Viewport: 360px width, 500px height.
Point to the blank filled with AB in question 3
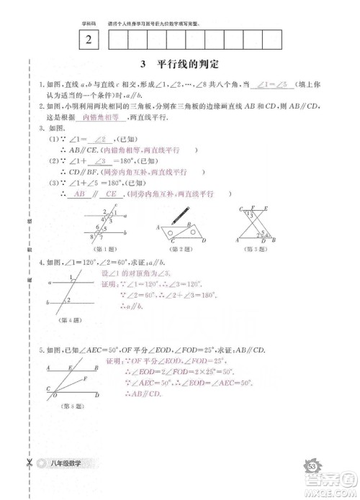tap(79, 194)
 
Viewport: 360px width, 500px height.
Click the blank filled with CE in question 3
tap(112, 194)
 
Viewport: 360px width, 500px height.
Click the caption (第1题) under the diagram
tap(107, 250)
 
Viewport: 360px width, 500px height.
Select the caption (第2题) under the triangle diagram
tap(177, 250)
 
